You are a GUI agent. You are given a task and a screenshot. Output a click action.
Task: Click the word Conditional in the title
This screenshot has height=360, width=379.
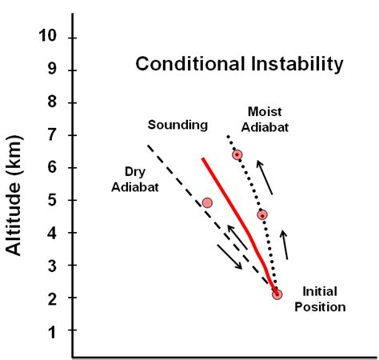[x=177, y=64]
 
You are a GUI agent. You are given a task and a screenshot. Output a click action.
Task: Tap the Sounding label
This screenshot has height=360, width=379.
[x=178, y=125]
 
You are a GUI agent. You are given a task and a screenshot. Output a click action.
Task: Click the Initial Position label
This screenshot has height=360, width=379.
[x=323, y=299]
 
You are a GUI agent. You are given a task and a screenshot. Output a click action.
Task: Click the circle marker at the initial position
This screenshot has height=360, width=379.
[x=277, y=294]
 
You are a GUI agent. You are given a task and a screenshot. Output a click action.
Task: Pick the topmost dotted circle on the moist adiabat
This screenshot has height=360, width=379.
[x=237, y=154]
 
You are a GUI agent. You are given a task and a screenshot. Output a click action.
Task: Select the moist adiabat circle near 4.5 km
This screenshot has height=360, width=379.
[x=261, y=214]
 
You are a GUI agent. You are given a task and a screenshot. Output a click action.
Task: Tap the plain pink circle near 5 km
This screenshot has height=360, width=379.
[x=207, y=202]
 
